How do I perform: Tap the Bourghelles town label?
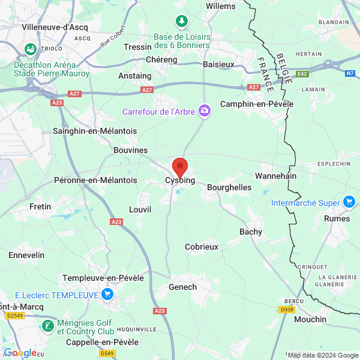click(x=229, y=187)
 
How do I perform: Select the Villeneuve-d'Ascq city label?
click(x=55, y=27)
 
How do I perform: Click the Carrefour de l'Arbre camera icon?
click(x=205, y=110)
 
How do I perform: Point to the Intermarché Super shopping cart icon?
click(x=349, y=202)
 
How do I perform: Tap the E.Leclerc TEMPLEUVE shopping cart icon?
click(x=107, y=294)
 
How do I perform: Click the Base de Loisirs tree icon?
click(x=181, y=22)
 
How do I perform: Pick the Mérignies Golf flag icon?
click(x=47, y=326)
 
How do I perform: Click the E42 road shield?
click(x=302, y=73)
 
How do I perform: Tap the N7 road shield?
click(x=350, y=73)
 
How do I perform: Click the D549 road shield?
click(x=107, y=353)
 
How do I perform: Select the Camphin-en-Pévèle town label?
click(x=257, y=104)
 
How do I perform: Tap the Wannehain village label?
click(x=276, y=176)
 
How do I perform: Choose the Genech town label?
click(x=183, y=287)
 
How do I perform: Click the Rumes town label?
click(x=337, y=218)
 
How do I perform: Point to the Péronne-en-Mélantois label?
click(x=95, y=180)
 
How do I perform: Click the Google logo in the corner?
click(x=20, y=353)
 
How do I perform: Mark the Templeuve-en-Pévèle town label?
click(x=104, y=278)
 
